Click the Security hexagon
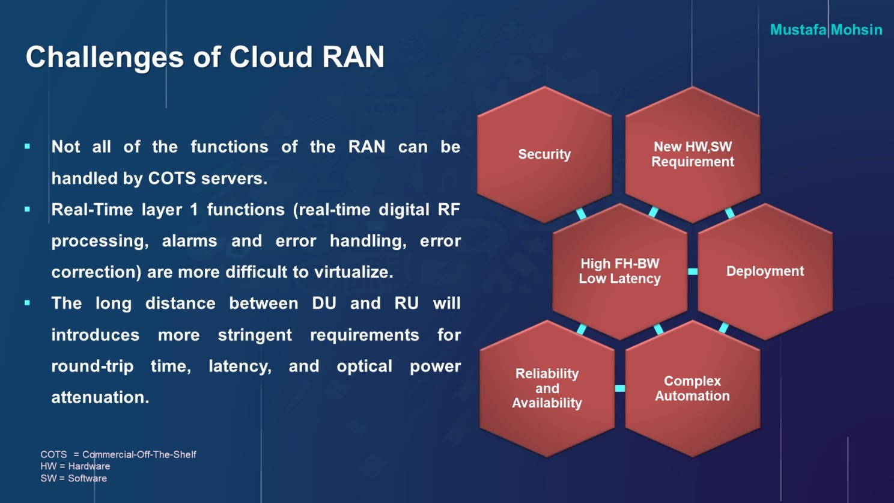click(544, 154)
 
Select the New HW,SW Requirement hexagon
click(693, 154)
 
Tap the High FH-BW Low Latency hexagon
click(620, 272)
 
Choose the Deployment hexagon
click(765, 272)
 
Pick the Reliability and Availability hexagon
click(547, 388)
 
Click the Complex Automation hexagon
click(693, 388)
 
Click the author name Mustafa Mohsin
click(826, 30)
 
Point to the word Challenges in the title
click(105, 58)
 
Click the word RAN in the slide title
click(353, 56)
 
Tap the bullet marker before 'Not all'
click(27, 147)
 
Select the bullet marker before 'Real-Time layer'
click(27, 209)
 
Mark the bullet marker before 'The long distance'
click(27, 303)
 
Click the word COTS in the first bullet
click(172, 178)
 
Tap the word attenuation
click(100, 398)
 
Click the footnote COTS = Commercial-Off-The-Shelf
click(118, 454)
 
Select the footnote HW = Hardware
click(75, 466)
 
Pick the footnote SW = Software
click(73, 478)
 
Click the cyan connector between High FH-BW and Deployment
click(693, 272)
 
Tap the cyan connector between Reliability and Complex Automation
click(620, 388)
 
